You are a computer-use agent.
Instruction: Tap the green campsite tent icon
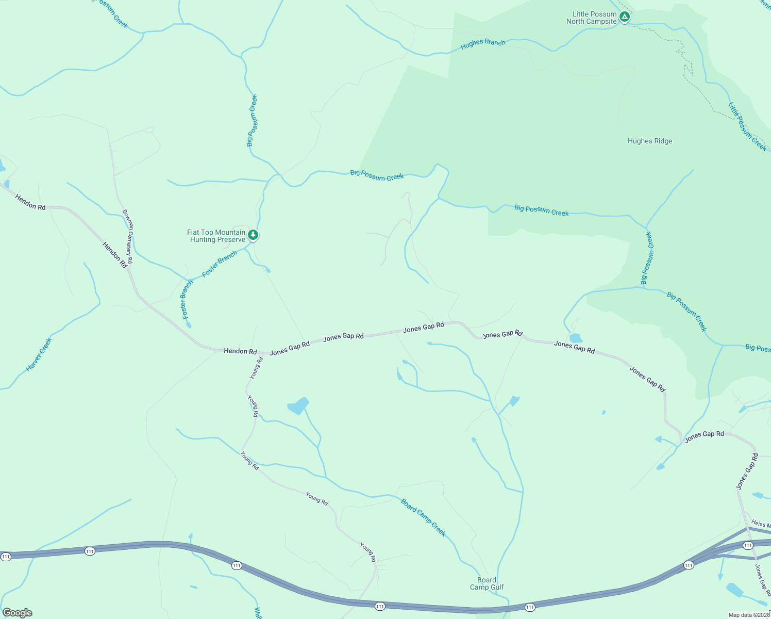pos(624,17)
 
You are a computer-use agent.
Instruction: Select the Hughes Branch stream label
pos(483,44)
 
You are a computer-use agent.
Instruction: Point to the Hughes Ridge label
pos(649,141)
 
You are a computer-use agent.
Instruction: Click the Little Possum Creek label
pos(747,126)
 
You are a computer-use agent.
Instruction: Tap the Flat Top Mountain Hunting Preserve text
pos(216,236)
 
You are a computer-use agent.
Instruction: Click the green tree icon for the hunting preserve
pos(253,235)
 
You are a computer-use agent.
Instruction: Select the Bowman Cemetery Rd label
pos(128,236)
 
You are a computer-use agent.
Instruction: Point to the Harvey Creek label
pos(39,354)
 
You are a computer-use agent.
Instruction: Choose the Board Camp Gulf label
pos(487,583)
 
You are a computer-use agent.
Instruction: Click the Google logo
pos(18,613)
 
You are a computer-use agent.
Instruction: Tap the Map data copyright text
pos(749,615)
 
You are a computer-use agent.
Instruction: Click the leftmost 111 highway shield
pos(6,557)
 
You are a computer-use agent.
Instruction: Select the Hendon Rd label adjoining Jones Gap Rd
pos(240,351)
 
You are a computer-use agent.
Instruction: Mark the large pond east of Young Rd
pos(298,405)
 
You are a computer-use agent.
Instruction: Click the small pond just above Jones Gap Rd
pos(576,338)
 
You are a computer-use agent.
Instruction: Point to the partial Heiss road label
pos(760,524)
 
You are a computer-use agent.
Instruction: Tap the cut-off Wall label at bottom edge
pos(258,613)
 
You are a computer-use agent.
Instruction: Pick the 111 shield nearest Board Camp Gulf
pos(530,607)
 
